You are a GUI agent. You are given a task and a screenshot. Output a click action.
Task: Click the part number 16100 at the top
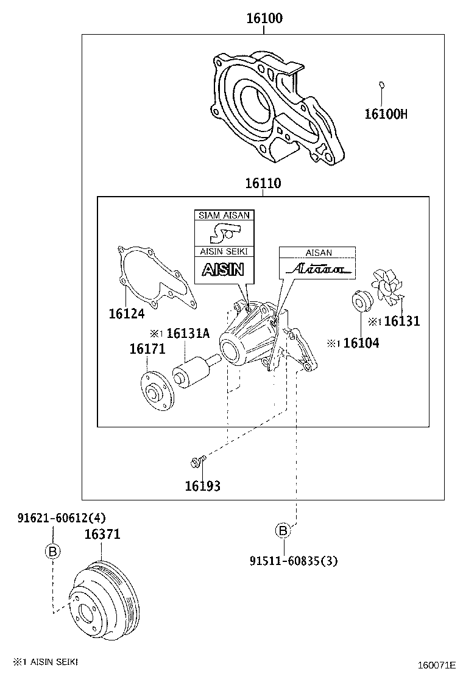pos(264,19)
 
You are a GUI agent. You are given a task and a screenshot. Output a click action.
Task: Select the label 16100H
pos(385,113)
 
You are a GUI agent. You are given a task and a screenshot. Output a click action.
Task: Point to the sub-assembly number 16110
pos(263,183)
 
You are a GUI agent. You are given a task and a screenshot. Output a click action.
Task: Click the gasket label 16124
pos(127,314)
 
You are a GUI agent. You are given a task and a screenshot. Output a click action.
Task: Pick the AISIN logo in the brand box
pos(224,269)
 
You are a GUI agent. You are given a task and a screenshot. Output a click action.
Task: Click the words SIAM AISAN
pos(224,216)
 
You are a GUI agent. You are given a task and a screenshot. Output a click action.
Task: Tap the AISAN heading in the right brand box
pos(318,253)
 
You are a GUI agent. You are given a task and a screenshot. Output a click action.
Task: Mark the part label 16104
pos(361,343)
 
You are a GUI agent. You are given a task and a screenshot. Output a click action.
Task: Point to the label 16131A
pos(188,333)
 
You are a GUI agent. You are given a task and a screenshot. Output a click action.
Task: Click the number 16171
pos(147,349)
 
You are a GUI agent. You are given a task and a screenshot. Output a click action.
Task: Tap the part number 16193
pos(202,486)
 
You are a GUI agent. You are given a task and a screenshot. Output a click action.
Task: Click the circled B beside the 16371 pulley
pos(52,552)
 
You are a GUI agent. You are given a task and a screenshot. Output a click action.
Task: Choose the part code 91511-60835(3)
pos(293,561)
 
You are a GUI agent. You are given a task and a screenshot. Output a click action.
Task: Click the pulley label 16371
pos(102,535)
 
